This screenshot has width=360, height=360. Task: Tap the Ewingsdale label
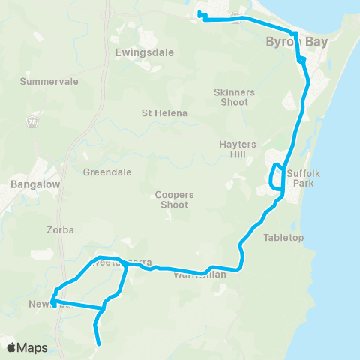134,52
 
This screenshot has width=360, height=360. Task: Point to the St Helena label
164,113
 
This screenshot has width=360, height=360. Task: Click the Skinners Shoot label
235,97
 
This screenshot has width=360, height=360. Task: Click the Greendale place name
107,172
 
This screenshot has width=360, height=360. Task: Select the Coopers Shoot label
175,199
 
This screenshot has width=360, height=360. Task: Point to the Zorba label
60,230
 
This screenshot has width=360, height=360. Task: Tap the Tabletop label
283,238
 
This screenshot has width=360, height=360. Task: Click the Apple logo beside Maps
13,346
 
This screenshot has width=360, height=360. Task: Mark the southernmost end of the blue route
100,343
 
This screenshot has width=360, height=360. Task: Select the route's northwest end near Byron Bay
199,13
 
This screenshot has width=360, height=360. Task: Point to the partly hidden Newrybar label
46,304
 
